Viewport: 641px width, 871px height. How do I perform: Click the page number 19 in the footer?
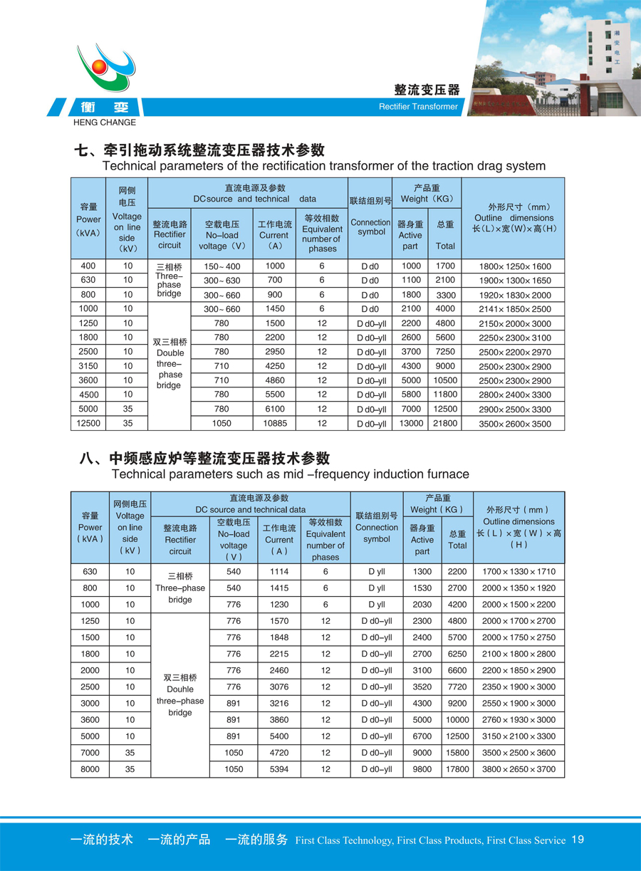pos(578,840)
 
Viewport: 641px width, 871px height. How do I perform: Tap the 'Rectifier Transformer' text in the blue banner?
pos(418,107)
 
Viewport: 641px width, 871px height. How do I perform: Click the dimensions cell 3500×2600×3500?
pos(515,423)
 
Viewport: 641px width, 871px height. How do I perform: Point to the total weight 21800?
pos(445,423)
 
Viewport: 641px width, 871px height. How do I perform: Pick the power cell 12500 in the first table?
pos(88,423)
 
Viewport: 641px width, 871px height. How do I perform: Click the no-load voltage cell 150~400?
pos(222,266)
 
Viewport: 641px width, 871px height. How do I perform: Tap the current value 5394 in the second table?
pos(278,769)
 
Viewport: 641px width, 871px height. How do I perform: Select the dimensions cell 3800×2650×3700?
pos(518,769)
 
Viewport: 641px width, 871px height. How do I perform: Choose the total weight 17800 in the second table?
pos(457,769)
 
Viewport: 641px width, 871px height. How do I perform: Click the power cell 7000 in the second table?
pos(90,753)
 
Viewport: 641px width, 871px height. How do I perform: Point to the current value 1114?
pos(278,572)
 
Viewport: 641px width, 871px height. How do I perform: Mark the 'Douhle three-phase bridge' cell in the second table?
pos(180,695)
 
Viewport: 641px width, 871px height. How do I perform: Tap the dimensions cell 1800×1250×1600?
pos(515,266)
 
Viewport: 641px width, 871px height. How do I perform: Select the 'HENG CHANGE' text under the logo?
pos(105,122)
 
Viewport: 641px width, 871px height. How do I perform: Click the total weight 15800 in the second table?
pos(457,753)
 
